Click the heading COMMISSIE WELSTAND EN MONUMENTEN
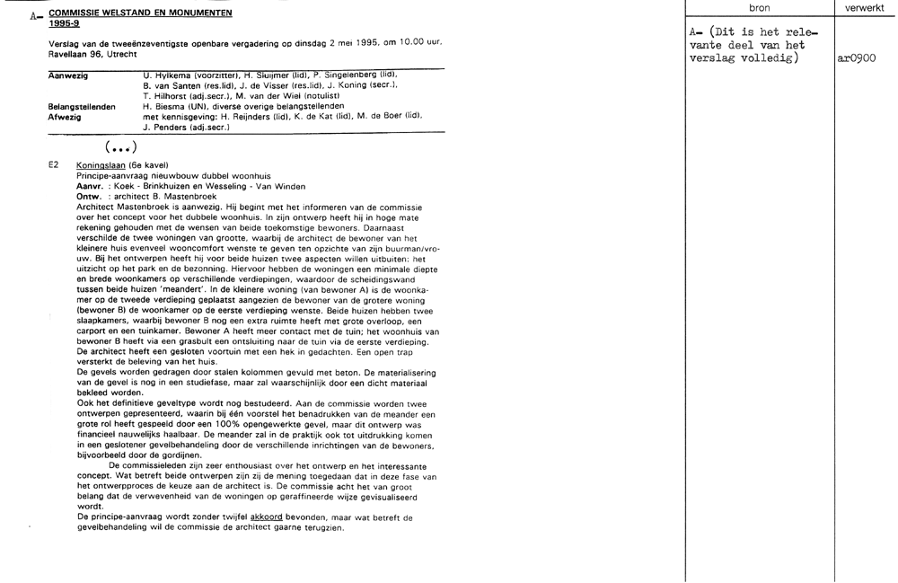coord(140,13)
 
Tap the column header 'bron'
coord(759,8)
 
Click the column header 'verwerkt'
coord(865,8)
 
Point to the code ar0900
coord(856,58)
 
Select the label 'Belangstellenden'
coord(81,106)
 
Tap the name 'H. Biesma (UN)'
coord(175,106)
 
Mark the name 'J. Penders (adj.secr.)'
coord(187,128)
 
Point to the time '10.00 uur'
coord(418,43)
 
